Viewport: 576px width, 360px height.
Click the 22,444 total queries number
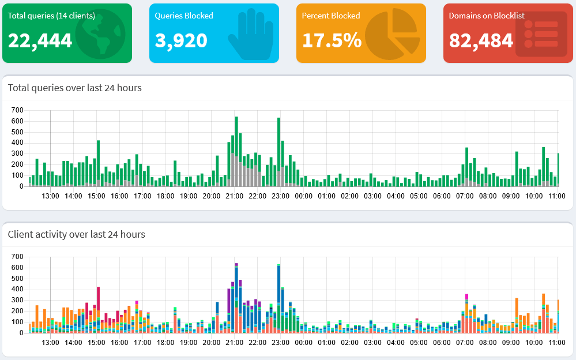tap(40, 40)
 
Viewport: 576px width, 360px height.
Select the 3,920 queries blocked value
tap(181, 40)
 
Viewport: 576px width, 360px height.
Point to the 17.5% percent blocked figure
tap(332, 40)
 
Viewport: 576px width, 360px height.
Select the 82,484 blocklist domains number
tap(481, 40)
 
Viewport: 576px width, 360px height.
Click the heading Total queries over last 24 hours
tap(75, 88)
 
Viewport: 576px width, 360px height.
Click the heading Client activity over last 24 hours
tap(77, 234)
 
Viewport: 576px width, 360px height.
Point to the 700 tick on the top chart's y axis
tap(17, 110)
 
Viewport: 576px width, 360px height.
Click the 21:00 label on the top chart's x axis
tap(234, 196)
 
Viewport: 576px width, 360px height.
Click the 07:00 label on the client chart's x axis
tap(465, 343)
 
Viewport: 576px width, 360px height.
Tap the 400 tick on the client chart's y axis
tap(17, 290)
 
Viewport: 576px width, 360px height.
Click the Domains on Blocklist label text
tap(487, 16)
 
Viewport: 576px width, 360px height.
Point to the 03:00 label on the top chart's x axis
tap(372, 196)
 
